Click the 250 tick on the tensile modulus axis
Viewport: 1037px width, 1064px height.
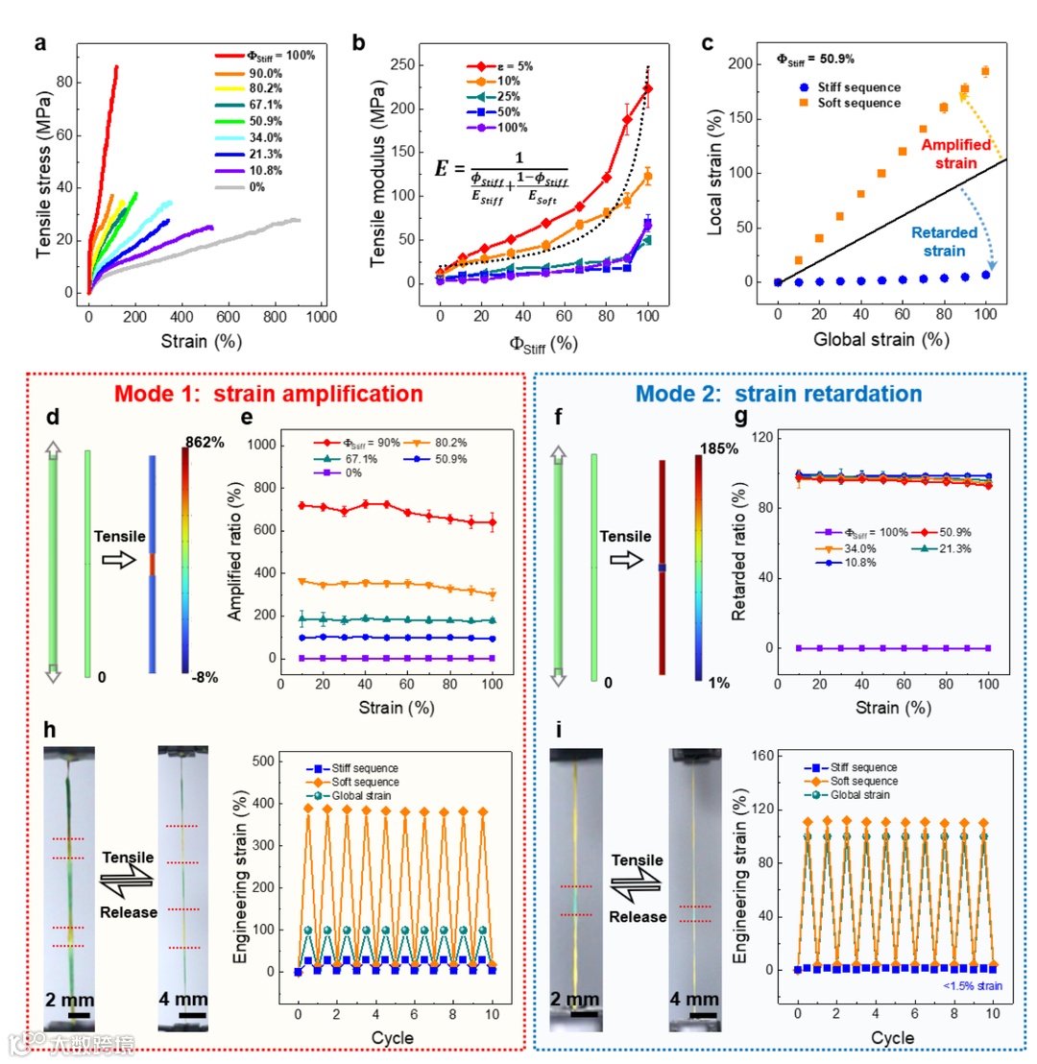(404, 65)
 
